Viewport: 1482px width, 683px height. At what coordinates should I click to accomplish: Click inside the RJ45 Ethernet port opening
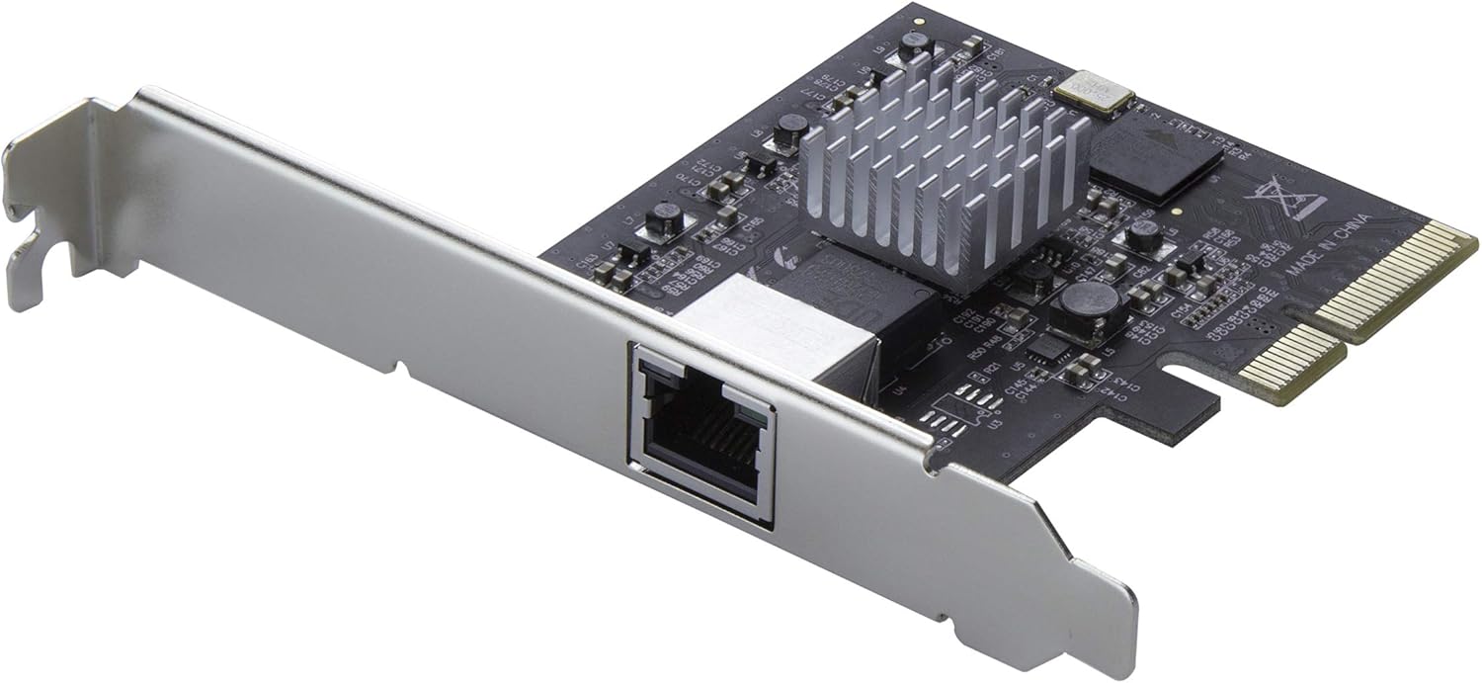pos(703,436)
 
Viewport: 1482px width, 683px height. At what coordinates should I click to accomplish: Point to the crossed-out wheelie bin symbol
pos(1284,198)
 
